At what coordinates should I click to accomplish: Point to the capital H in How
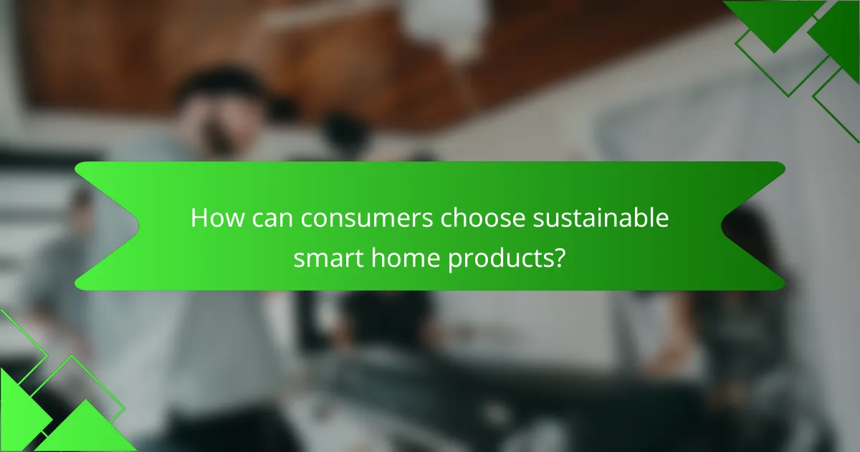pos(199,219)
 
